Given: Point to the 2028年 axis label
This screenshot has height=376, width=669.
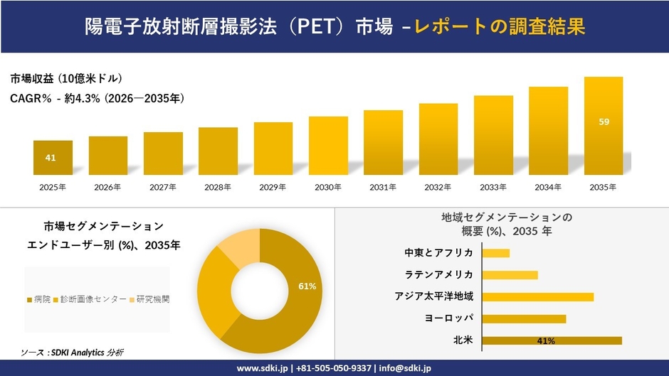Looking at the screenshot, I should tap(218, 188).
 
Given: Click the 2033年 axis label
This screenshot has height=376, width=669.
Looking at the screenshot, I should tap(493, 188).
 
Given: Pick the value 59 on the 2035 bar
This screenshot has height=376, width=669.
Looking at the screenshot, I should tap(604, 122).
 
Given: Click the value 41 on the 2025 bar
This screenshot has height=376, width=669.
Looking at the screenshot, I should tap(51, 158).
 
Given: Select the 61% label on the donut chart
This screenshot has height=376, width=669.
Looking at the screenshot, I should tap(307, 286).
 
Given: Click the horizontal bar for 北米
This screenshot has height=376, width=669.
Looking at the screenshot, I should tap(552, 340).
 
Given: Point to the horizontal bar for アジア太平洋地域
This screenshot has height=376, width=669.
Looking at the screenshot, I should tap(537, 296).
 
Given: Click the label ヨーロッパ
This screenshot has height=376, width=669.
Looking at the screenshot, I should tap(448, 318).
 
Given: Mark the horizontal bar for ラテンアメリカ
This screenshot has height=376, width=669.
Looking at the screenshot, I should tap(510, 275).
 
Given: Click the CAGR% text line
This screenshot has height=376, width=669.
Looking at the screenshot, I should tap(97, 100).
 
